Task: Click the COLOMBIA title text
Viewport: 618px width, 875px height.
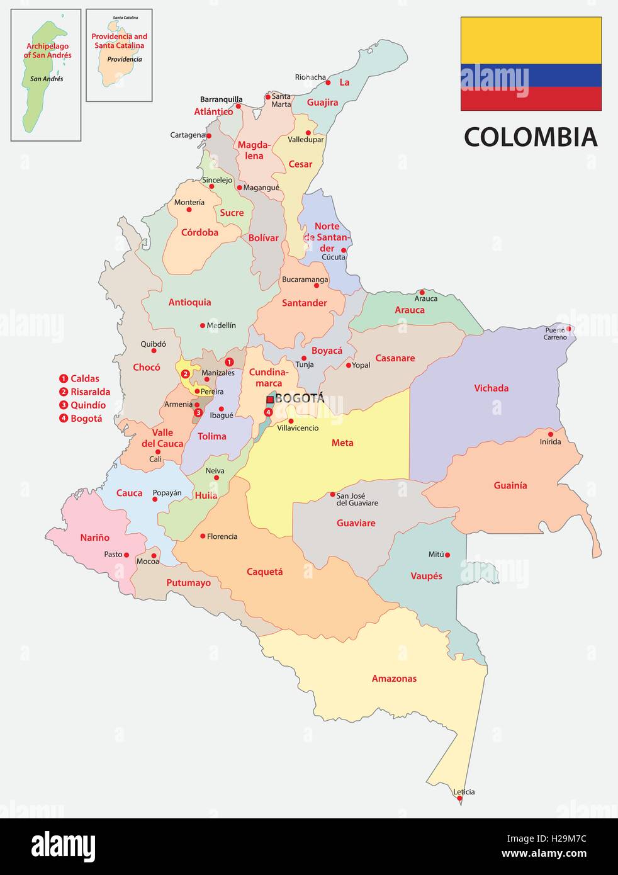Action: point(530,137)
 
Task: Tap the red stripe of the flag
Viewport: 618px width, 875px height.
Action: point(531,99)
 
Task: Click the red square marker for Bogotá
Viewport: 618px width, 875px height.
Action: point(270,399)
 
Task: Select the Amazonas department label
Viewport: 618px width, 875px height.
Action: point(394,679)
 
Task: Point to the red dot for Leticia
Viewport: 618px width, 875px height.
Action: point(460,799)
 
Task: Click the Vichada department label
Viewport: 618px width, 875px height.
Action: point(491,388)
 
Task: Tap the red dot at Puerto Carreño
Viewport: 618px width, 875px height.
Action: point(569,328)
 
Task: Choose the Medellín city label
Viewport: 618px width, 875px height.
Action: point(222,325)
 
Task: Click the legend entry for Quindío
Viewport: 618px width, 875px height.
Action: point(87,405)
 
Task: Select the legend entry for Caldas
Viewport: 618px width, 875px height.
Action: point(84,379)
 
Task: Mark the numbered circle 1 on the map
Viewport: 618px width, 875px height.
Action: point(229,362)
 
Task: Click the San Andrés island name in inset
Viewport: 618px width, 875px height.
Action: point(47,79)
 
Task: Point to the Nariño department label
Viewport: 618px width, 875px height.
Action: point(94,538)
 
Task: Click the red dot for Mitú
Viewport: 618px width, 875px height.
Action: point(447,555)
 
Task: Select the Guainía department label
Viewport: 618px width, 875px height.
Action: point(510,485)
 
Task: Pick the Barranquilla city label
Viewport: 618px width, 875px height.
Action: point(221,99)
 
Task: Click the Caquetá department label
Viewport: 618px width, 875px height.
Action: point(264,572)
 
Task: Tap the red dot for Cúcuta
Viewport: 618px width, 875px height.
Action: point(344,250)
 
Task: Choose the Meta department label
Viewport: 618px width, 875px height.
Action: point(342,443)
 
